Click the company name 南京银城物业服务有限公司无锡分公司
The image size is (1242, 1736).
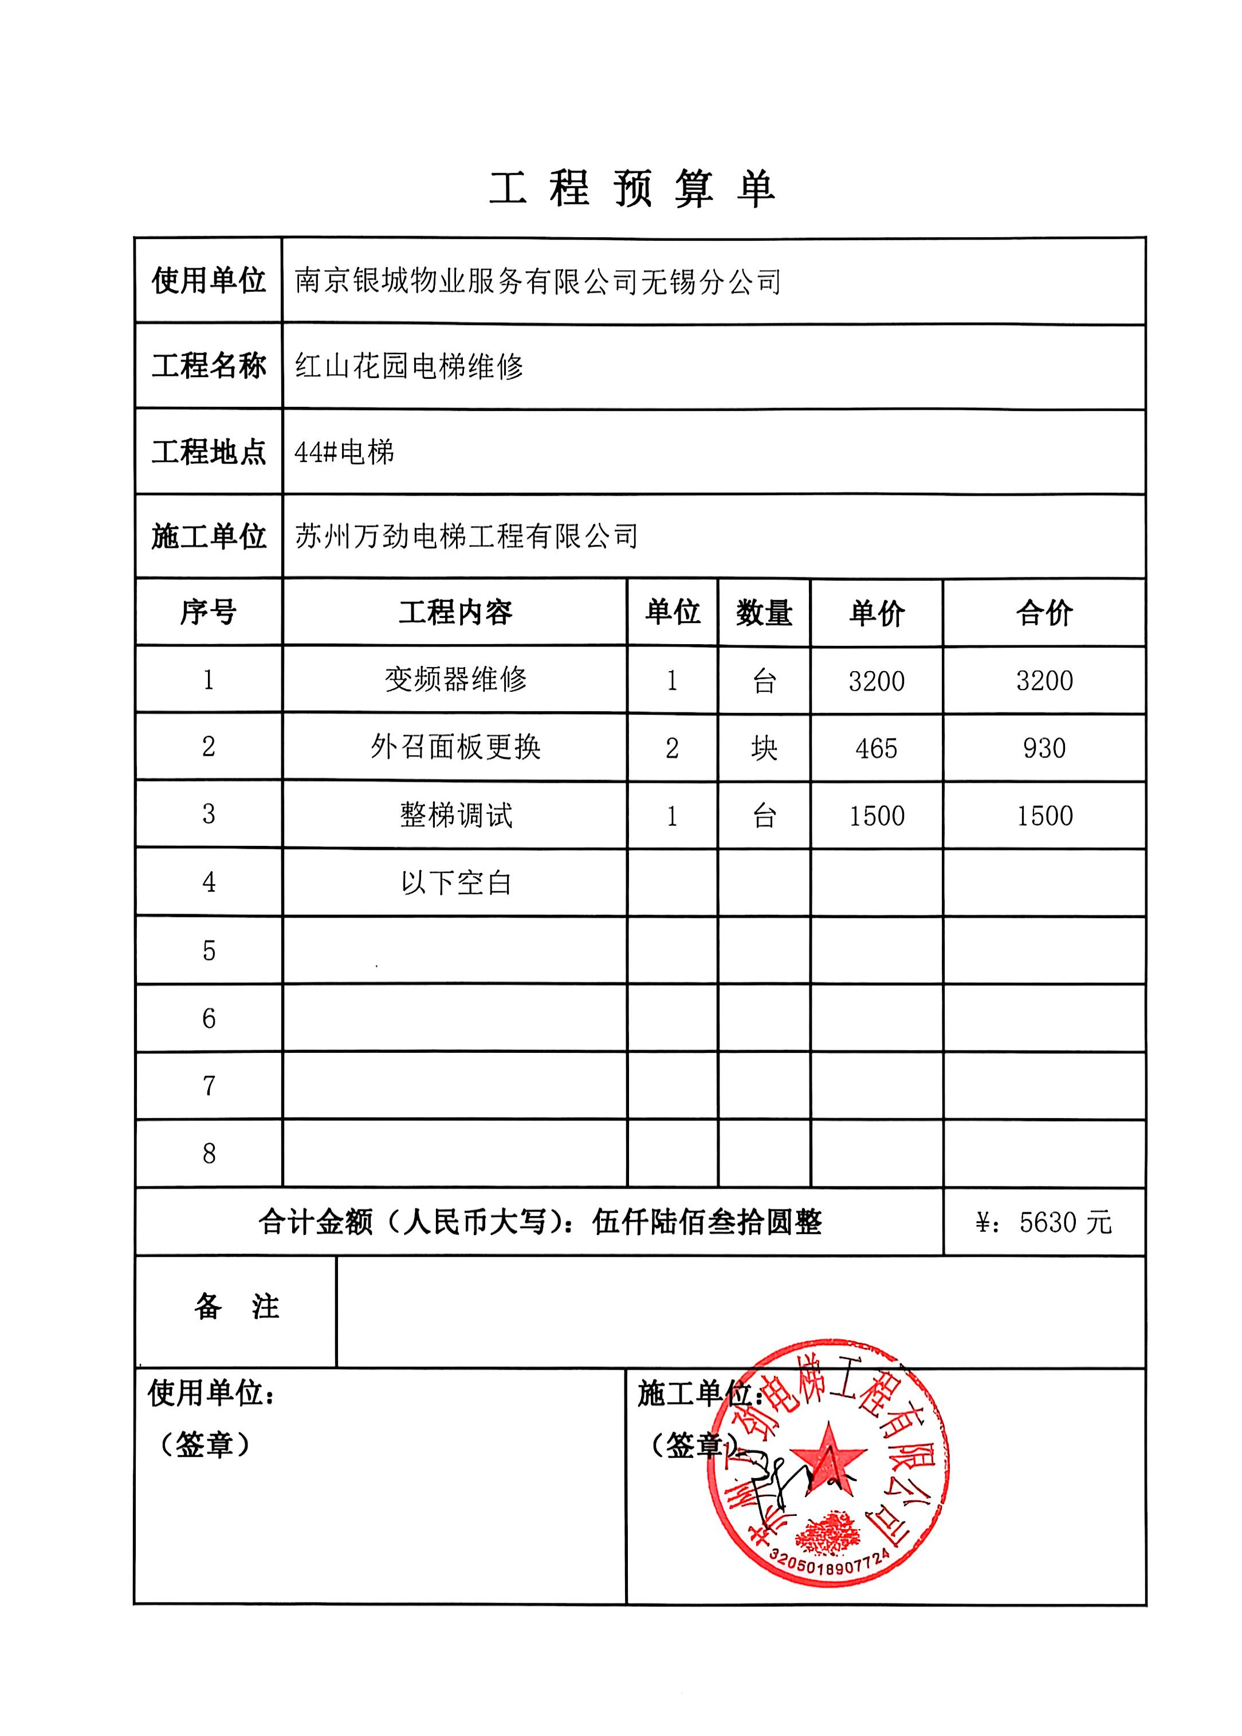537,281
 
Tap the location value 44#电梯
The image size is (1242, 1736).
344,452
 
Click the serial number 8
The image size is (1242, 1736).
209,1153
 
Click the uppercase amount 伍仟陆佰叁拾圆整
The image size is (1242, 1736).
707,1222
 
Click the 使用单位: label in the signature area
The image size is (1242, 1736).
211,1393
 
